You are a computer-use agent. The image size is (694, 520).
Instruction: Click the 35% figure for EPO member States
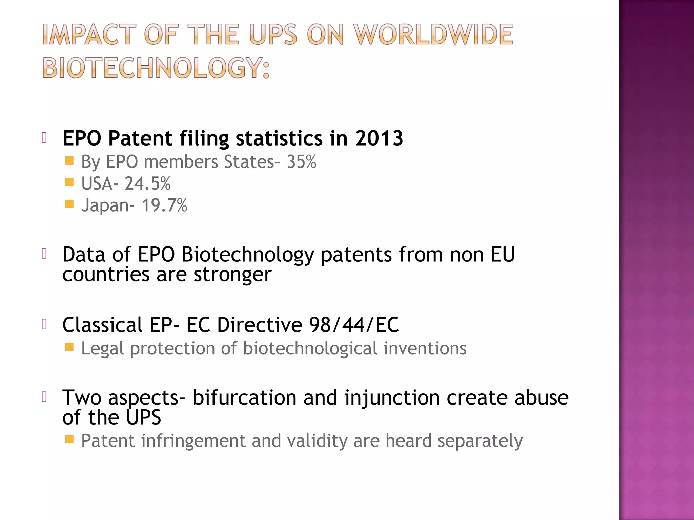(301, 162)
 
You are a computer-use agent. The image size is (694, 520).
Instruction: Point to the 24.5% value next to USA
(147, 183)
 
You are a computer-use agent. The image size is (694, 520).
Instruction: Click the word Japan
(105, 205)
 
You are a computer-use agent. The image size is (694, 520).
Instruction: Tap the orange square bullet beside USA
(69, 182)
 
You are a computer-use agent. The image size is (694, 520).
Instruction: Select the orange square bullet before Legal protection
(69, 347)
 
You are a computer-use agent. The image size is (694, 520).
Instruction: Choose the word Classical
(102, 325)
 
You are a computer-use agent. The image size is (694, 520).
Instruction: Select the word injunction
(392, 397)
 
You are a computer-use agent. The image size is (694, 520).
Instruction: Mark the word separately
(480, 441)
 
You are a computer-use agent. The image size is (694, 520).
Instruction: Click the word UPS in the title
(273, 35)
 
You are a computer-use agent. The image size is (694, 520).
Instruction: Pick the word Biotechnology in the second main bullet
(248, 255)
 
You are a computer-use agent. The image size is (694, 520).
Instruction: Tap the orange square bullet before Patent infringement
(69, 439)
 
